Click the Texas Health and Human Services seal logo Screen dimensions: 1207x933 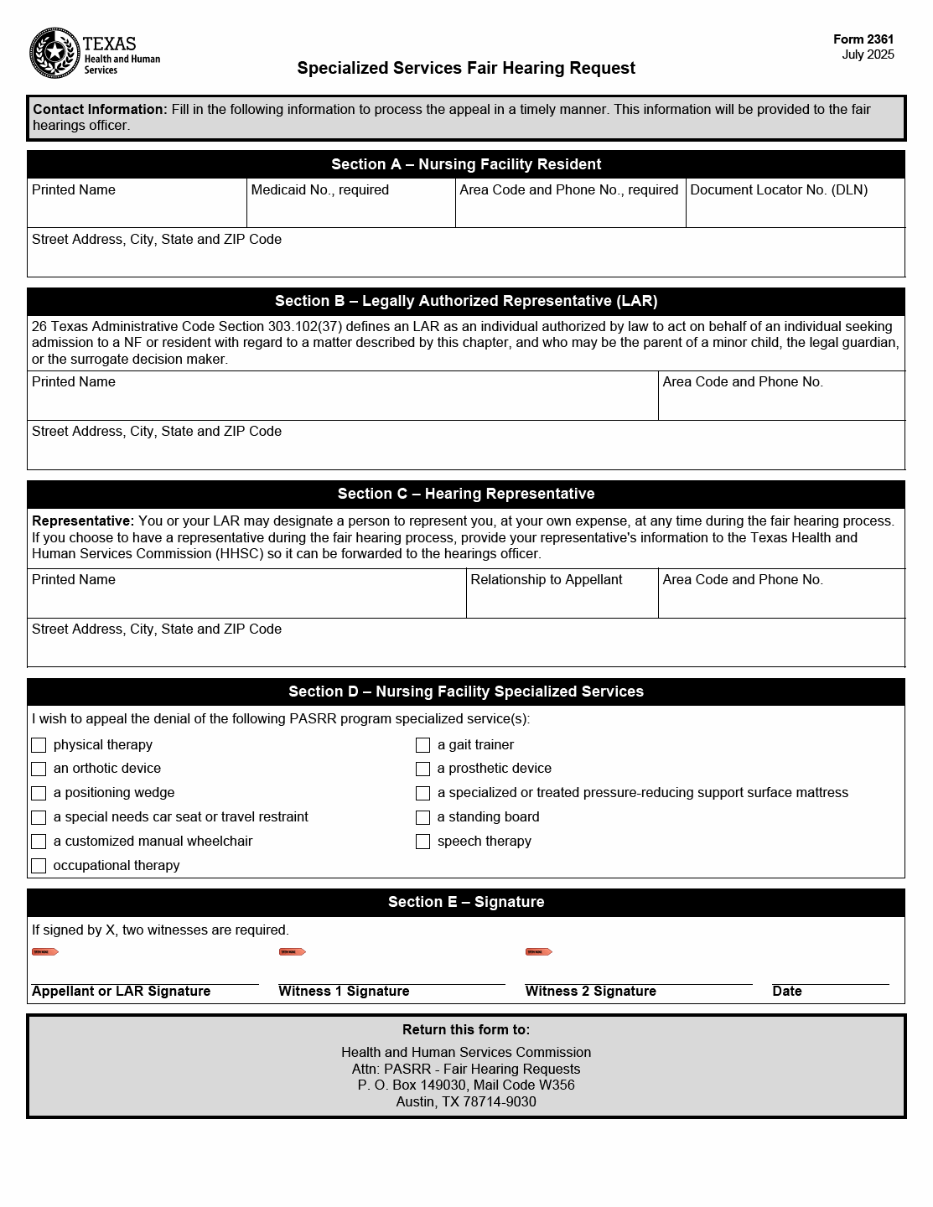54,54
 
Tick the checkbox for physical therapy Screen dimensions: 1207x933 39,745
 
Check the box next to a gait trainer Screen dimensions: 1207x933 423,745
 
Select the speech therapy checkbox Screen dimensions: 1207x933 423,842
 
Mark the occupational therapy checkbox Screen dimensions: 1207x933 39,866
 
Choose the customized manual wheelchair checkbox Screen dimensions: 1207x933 39,842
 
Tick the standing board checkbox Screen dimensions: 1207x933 423,817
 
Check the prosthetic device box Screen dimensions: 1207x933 423,769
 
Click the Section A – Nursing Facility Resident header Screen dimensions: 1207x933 466,164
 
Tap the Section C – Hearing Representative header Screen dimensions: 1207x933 466,494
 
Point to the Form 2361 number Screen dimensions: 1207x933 863,39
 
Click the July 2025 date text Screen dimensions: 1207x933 868,54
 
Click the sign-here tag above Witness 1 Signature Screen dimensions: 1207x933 292,952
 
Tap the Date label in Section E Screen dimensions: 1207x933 787,992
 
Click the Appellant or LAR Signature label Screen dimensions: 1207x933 121,992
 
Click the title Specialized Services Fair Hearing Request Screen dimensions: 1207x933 466,68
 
